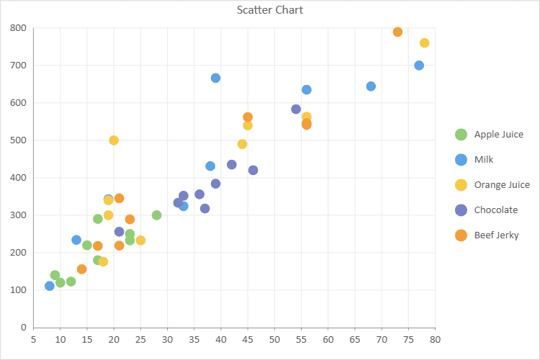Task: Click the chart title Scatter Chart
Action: (270, 10)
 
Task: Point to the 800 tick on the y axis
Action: (18, 29)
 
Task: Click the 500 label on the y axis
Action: (18, 140)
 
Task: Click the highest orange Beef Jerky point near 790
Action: (397, 32)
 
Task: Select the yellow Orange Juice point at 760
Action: (424, 43)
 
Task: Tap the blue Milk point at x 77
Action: (419, 66)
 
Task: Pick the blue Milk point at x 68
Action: (371, 86)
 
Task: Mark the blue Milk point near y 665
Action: (215, 78)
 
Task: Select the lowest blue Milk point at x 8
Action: (50, 286)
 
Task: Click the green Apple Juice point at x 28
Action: (156, 215)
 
